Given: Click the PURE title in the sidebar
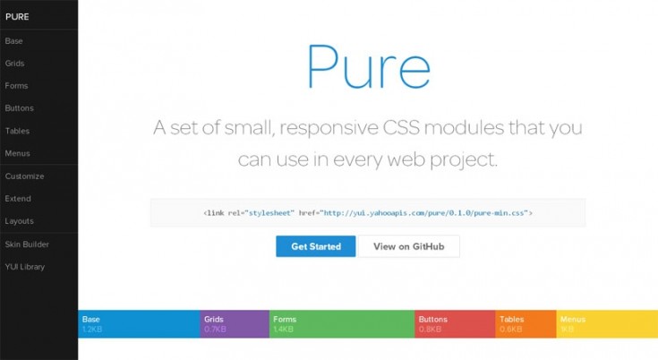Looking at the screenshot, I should (x=17, y=15).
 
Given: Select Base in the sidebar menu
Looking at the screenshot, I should (x=13, y=41).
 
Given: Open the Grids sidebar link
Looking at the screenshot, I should (x=14, y=64).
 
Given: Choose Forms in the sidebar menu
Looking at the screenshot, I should (x=16, y=86).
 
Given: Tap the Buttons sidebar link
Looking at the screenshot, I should (x=19, y=108).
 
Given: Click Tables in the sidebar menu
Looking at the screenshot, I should (x=17, y=131).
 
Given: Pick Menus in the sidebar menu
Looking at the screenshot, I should (x=17, y=153).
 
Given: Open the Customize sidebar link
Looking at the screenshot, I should (x=24, y=176).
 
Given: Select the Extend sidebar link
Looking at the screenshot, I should (x=18, y=199).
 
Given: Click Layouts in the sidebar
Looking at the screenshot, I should (x=19, y=221).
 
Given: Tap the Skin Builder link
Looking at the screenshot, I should (x=27, y=244).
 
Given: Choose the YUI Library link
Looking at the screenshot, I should (x=24, y=266).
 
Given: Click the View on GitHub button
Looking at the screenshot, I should (x=409, y=246).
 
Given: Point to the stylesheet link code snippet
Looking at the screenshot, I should (x=368, y=213).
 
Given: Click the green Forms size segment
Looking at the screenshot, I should (x=342, y=324).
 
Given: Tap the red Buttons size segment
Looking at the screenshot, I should (x=455, y=324).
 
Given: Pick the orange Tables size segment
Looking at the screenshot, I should (x=526, y=324).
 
